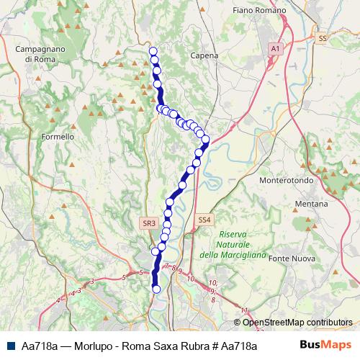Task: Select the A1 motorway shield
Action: click(274, 48)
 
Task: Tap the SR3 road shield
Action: click(149, 223)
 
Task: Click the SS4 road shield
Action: click(204, 219)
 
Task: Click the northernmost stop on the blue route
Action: click(153, 51)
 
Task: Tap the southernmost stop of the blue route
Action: click(156, 289)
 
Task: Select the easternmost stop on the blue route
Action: click(205, 139)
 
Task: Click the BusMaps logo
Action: click(325, 346)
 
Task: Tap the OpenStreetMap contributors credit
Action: click(297, 323)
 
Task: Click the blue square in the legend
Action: click(10, 346)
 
